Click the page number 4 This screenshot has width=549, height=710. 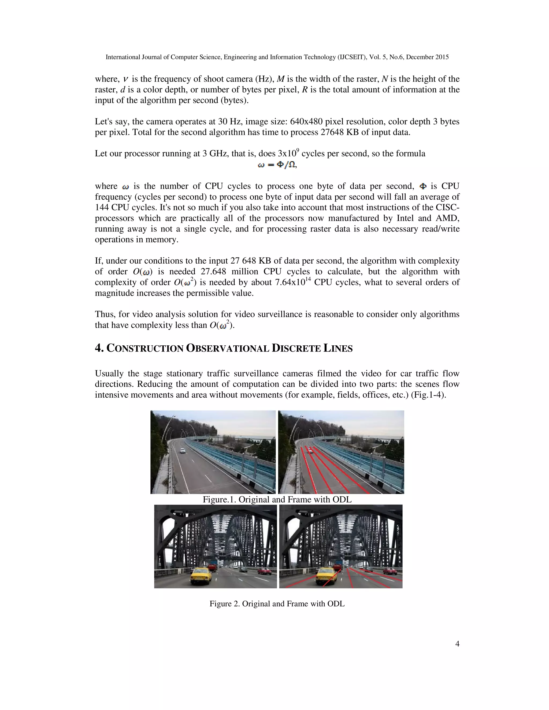pos(457,644)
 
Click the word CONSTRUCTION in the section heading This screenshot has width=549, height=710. pos(145,349)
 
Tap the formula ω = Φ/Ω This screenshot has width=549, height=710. pos(277,165)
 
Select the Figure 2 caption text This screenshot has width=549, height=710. pos(277,604)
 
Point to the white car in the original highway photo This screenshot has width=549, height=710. pos(183,451)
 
